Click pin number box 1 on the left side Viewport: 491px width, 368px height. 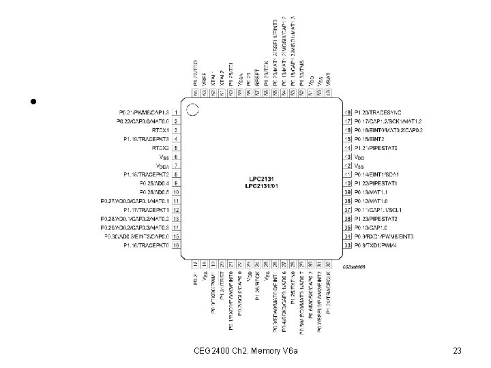(177, 112)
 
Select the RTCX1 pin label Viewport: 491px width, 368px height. (160, 129)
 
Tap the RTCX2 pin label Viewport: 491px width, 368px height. (160, 147)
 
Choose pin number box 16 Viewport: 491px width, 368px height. (177, 245)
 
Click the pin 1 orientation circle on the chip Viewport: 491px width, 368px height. (193, 109)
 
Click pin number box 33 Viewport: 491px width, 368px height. (347, 245)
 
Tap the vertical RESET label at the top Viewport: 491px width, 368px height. (257, 74)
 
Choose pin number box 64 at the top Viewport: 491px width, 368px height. (195, 92)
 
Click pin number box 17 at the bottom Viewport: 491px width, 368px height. (195, 264)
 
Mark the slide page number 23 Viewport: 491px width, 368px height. (457, 350)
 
